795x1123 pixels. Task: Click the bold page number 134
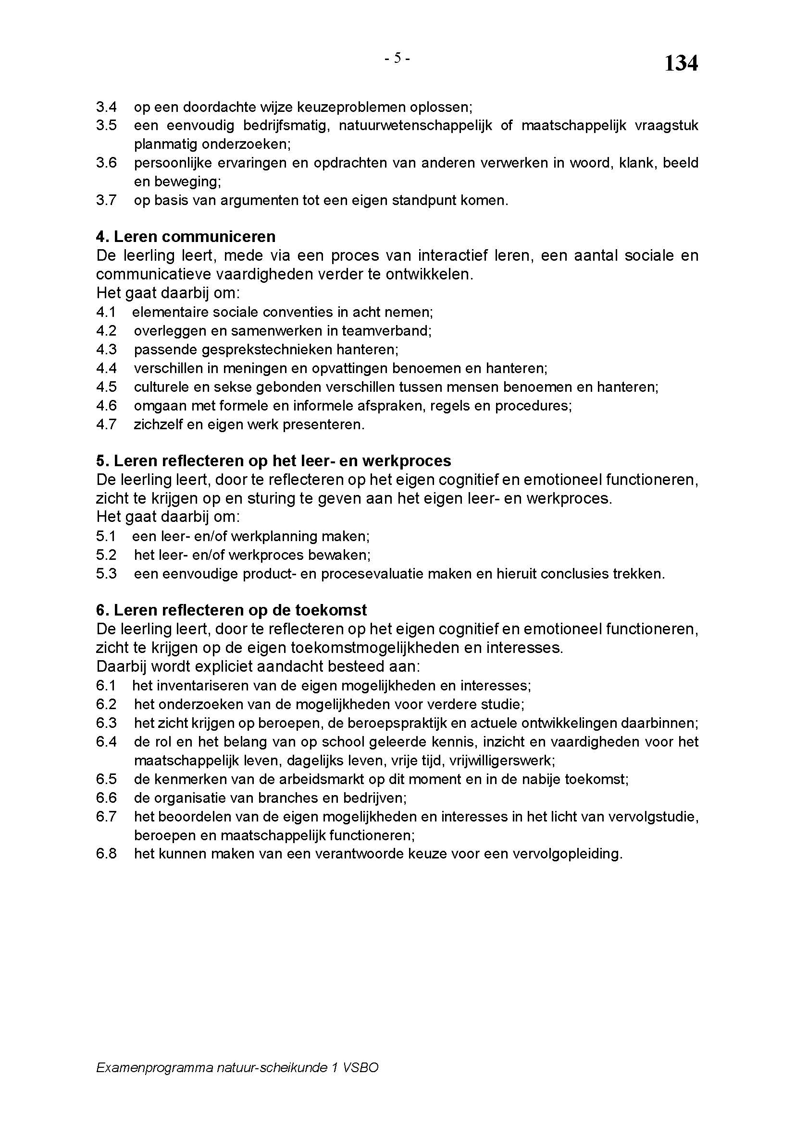tap(681, 63)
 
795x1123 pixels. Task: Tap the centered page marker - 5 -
tap(397, 58)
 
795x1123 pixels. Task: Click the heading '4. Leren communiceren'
tap(186, 237)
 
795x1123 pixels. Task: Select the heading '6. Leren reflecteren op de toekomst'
tap(231, 610)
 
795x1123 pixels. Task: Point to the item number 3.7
tap(106, 200)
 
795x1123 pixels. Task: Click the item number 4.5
tap(106, 387)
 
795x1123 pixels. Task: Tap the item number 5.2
tap(106, 555)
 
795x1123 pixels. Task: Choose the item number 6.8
tap(106, 854)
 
